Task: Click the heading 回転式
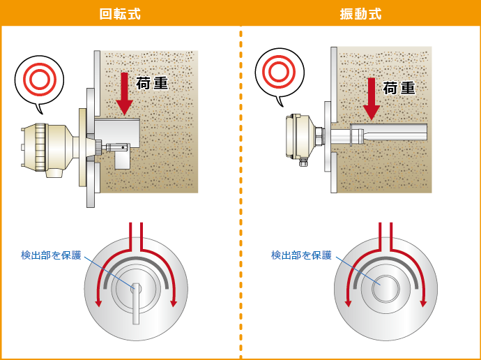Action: point(120,14)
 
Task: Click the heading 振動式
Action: point(361,14)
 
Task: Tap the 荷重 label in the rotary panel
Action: point(152,83)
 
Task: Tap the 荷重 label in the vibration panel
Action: point(399,88)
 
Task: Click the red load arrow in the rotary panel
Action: point(124,93)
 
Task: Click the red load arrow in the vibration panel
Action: point(372,99)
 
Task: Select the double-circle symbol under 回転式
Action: point(40,79)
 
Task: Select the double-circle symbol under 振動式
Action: point(280,72)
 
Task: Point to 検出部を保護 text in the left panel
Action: point(51,255)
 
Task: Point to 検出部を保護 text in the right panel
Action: point(301,255)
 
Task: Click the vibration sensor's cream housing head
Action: point(300,137)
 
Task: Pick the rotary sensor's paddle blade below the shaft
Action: point(123,160)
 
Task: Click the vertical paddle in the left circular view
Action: point(136,303)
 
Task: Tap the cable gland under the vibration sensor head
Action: point(303,161)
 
